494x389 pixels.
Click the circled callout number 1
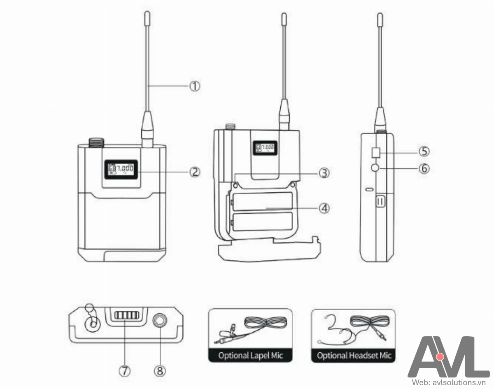[x=194, y=86]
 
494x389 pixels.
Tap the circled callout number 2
[x=194, y=171]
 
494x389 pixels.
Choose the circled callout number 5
[x=424, y=151]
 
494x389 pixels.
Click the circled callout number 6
[x=424, y=168]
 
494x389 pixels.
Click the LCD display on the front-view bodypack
[x=121, y=169]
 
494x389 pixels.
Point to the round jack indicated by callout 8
[x=159, y=321]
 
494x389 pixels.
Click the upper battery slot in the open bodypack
[x=262, y=201]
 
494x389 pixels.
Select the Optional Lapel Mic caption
[x=250, y=355]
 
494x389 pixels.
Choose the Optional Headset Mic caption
[x=354, y=355]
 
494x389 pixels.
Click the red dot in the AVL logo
[x=440, y=356]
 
